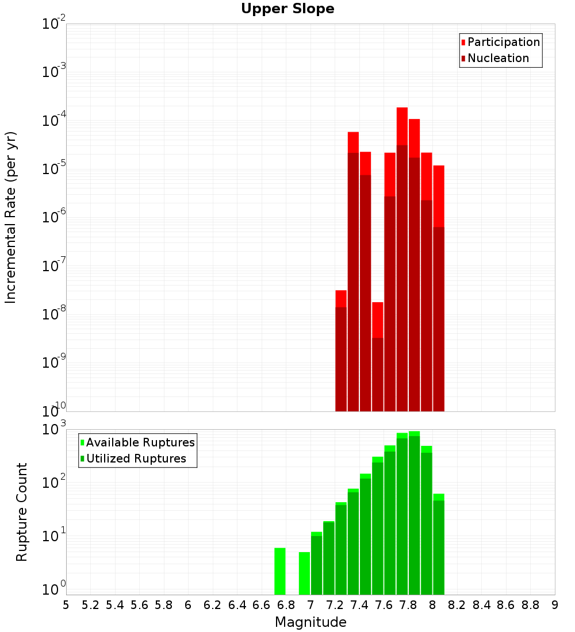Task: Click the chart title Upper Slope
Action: pyautogui.click(x=287, y=9)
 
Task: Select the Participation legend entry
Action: pyautogui.click(x=503, y=42)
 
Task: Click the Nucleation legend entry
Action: pyautogui.click(x=497, y=58)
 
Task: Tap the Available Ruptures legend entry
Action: pyautogui.click(x=140, y=442)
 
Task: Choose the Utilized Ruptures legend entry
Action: pyautogui.click(x=136, y=458)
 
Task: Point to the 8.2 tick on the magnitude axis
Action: pyautogui.click(x=457, y=605)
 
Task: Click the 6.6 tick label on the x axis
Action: pyautogui.click(x=262, y=605)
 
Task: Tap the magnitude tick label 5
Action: pyautogui.click(x=66, y=605)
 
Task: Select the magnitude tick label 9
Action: pyautogui.click(x=555, y=605)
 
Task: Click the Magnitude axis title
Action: pyautogui.click(x=310, y=622)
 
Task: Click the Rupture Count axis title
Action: pyautogui.click(x=22, y=512)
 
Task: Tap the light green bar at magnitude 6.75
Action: pyautogui.click(x=280, y=572)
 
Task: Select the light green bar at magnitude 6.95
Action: pyautogui.click(x=304, y=573)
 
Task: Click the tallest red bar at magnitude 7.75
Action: pyautogui.click(x=402, y=259)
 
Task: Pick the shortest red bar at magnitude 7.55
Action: pyautogui.click(x=378, y=356)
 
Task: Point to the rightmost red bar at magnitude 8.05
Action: pyautogui.click(x=439, y=287)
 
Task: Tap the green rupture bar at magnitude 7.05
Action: pyautogui.click(x=316, y=563)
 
